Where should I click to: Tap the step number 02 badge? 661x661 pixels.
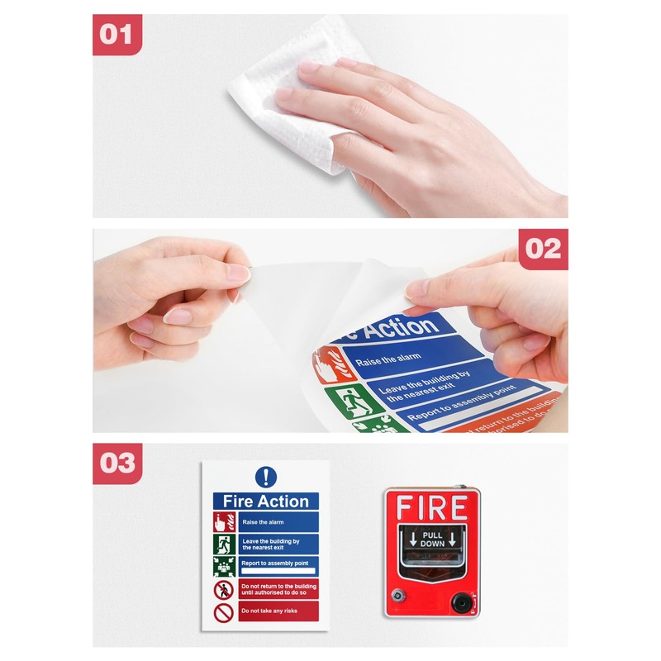[x=543, y=249]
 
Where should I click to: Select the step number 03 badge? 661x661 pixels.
[x=117, y=463]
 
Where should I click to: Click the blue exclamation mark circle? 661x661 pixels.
[x=265, y=477]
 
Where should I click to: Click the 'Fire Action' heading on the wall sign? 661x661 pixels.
[x=265, y=502]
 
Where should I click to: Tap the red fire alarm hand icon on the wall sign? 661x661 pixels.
[x=223, y=522]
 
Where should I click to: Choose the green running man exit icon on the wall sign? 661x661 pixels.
[x=223, y=544]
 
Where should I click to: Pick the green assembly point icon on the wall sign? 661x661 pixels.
[x=223, y=567]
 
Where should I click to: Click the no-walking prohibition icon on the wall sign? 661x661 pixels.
[x=223, y=590]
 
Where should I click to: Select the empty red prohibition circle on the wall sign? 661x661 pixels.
[x=223, y=612]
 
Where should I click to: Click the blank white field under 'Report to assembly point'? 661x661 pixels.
[x=278, y=571]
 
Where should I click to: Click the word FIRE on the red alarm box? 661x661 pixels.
[x=432, y=507]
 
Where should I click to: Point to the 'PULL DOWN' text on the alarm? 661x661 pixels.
[x=433, y=540]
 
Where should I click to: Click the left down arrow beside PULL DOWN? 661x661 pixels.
[x=413, y=540]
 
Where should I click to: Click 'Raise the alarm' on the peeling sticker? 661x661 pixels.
[x=389, y=358]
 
